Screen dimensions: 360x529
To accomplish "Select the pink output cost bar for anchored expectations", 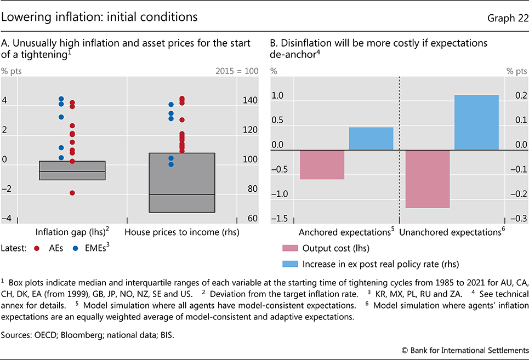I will pos(322,164).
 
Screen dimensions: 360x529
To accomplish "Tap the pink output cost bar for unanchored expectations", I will pos(427,179).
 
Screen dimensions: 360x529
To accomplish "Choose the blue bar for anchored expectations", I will pos(371,139).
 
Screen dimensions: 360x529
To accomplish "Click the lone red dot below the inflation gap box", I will pos(72,193).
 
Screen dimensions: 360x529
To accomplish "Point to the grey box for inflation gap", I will pos(72,170).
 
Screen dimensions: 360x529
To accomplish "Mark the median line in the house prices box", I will pos(181,195).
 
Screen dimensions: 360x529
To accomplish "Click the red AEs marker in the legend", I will pos(37,248).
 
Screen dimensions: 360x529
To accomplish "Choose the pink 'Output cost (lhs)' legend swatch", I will pos(290,248).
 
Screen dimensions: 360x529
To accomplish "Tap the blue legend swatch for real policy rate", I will pos(290,263).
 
